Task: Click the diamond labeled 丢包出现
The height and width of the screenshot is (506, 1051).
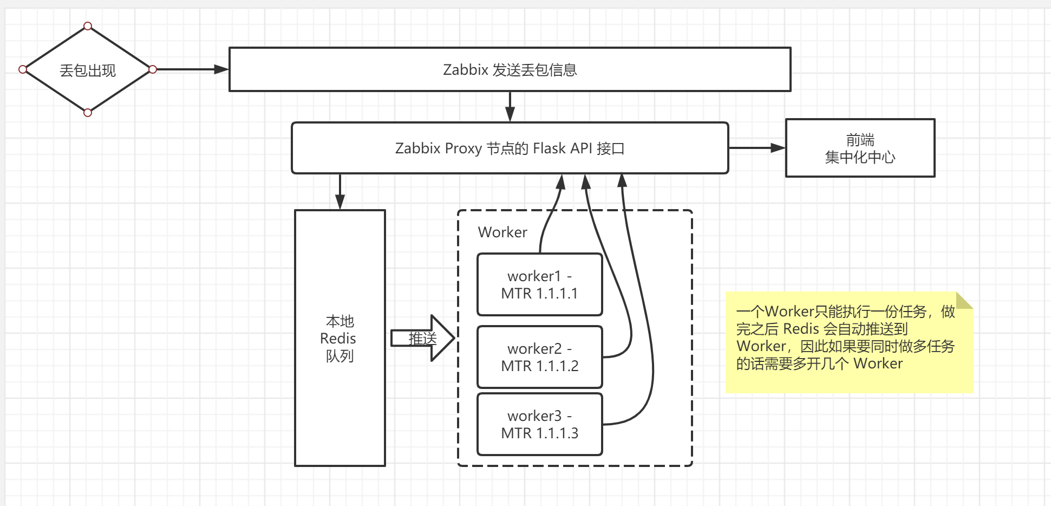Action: click(87, 70)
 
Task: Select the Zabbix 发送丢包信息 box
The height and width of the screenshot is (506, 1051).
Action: click(510, 70)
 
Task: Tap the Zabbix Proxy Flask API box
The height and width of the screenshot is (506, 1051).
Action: click(510, 148)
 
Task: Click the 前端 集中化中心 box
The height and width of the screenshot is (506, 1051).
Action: click(860, 148)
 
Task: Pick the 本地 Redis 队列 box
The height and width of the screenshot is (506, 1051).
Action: click(340, 338)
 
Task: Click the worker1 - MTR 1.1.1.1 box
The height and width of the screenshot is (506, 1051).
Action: click(539, 284)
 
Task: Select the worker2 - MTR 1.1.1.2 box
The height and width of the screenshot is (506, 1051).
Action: click(539, 357)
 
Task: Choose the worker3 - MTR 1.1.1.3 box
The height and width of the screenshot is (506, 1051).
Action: click(539, 424)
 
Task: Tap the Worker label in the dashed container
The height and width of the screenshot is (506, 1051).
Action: click(502, 232)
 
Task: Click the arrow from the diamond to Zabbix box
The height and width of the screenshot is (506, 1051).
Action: click(190, 69)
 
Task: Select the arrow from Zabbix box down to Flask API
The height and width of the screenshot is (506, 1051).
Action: click(510, 107)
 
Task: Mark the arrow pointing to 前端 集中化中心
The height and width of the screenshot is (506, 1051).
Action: click(756, 147)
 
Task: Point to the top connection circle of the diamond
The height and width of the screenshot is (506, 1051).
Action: click(88, 26)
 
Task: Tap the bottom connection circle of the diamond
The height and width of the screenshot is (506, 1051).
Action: click(88, 113)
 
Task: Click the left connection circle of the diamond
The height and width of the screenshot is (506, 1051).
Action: click(23, 69)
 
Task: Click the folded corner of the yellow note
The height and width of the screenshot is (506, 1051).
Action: click(964, 300)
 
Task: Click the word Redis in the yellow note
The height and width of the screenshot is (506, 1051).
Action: click(801, 329)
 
